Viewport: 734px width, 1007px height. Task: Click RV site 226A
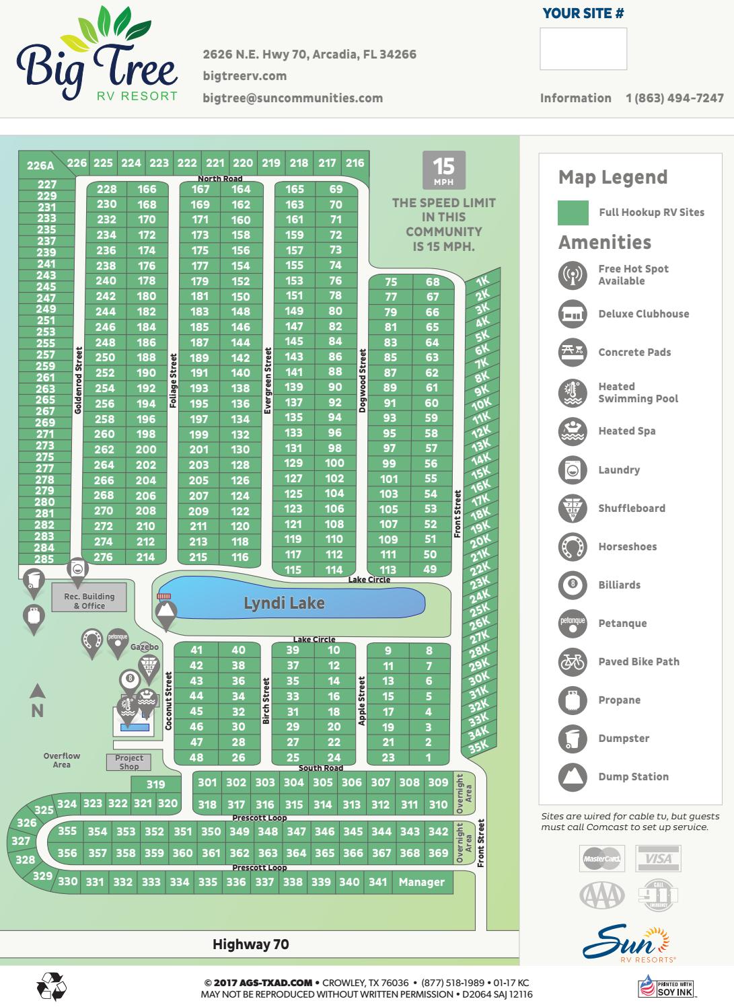click(40, 165)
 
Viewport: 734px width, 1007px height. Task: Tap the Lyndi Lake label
click(284, 603)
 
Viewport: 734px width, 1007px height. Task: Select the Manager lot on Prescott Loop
click(421, 882)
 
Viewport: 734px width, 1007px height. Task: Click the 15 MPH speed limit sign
click(443, 171)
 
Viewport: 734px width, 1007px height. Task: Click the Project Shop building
click(129, 762)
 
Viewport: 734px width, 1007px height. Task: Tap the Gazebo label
click(145, 646)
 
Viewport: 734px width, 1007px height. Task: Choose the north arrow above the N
click(38, 691)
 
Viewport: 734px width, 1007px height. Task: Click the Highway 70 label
click(250, 944)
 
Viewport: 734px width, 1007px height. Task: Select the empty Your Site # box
click(583, 48)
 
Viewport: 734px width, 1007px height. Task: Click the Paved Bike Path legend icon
click(573, 662)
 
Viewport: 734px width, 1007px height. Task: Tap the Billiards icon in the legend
click(573, 585)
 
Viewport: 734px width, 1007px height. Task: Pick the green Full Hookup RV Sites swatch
click(573, 213)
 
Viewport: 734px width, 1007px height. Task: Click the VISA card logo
click(658, 858)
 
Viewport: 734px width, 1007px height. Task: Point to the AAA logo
click(602, 895)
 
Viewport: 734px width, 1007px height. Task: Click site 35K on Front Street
click(478, 746)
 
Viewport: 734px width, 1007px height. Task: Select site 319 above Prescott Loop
click(155, 784)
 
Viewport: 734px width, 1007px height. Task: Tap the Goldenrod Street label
click(78, 380)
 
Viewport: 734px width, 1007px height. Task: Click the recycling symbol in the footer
click(52, 987)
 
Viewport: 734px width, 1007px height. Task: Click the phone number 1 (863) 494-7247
click(674, 98)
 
